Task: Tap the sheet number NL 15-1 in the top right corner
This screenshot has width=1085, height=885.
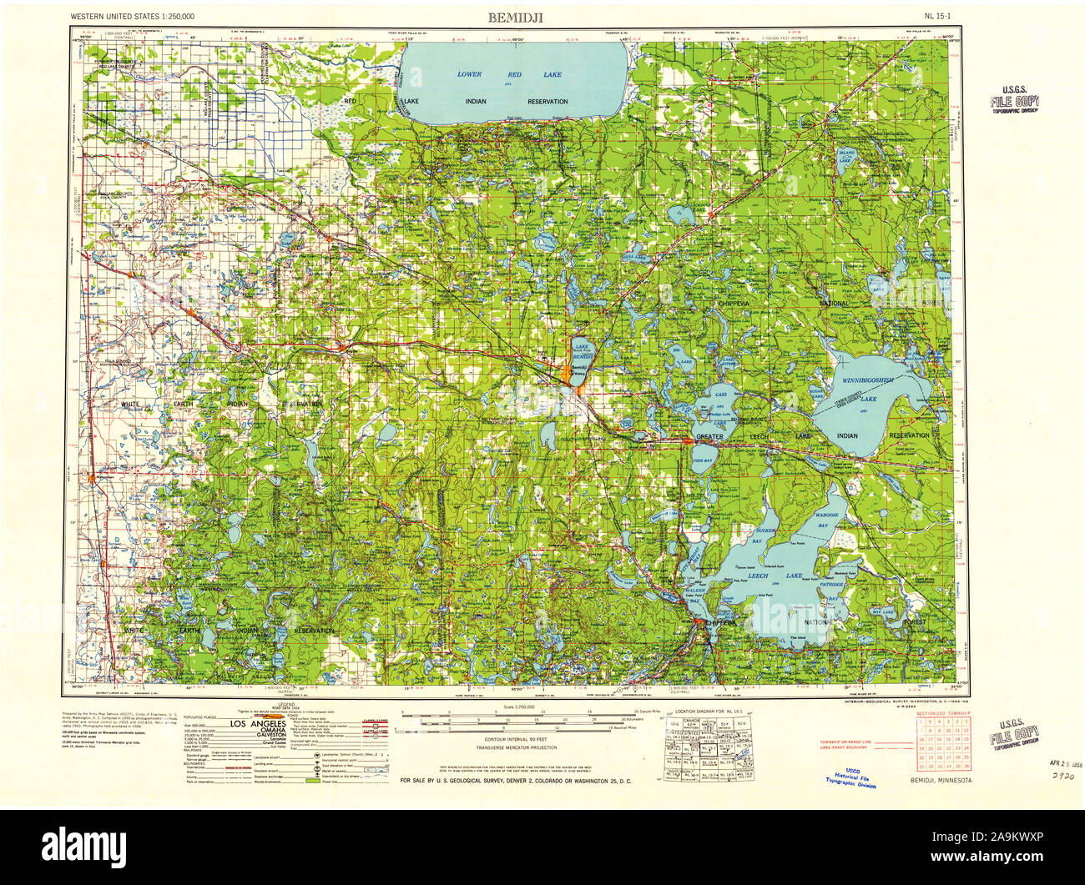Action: [x=939, y=16]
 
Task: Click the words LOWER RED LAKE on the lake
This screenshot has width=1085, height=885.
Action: [x=510, y=75]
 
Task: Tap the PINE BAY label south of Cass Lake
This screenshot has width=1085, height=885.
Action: [x=703, y=460]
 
